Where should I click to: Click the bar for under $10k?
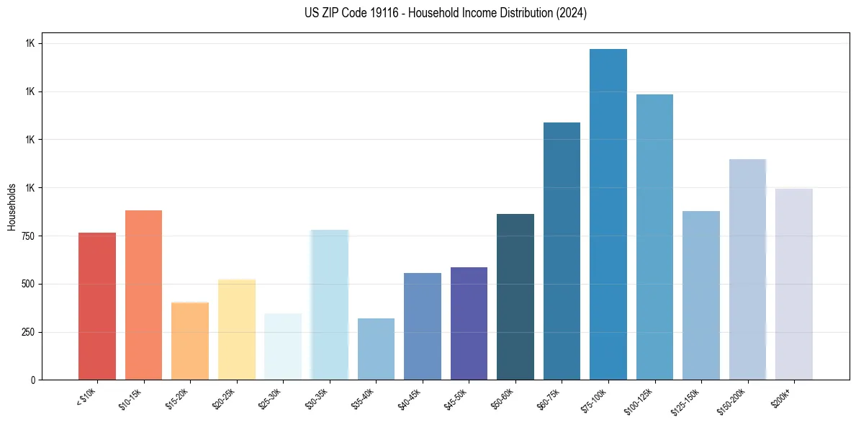click(97, 306)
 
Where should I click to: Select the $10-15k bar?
click(143, 295)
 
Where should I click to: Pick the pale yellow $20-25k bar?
click(236, 329)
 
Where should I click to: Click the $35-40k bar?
click(376, 349)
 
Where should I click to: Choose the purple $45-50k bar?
click(469, 323)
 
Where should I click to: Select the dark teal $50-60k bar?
click(515, 297)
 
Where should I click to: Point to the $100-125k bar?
click(654, 237)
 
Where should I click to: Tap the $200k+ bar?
click(794, 284)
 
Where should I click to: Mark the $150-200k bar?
click(747, 269)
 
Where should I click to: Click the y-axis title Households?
click(12, 207)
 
